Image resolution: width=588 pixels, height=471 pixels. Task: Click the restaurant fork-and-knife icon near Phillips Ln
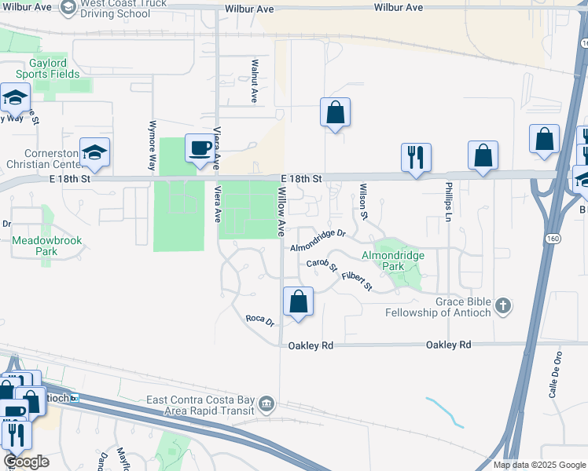click(x=415, y=156)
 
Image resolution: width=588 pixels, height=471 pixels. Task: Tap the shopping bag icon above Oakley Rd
click(x=299, y=301)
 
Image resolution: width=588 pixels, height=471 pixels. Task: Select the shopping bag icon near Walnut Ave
click(x=335, y=111)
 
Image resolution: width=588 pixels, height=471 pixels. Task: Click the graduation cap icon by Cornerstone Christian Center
click(x=94, y=151)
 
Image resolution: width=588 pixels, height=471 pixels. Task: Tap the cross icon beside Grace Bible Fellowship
click(x=504, y=305)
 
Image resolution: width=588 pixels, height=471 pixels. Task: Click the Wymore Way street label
click(x=152, y=146)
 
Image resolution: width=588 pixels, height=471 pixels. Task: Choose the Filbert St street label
click(x=357, y=281)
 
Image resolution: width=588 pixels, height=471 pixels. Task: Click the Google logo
click(x=26, y=462)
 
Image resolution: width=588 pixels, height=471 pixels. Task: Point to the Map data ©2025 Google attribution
click(x=538, y=465)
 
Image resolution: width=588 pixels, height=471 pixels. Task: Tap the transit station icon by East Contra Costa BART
click(x=266, y=403)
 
